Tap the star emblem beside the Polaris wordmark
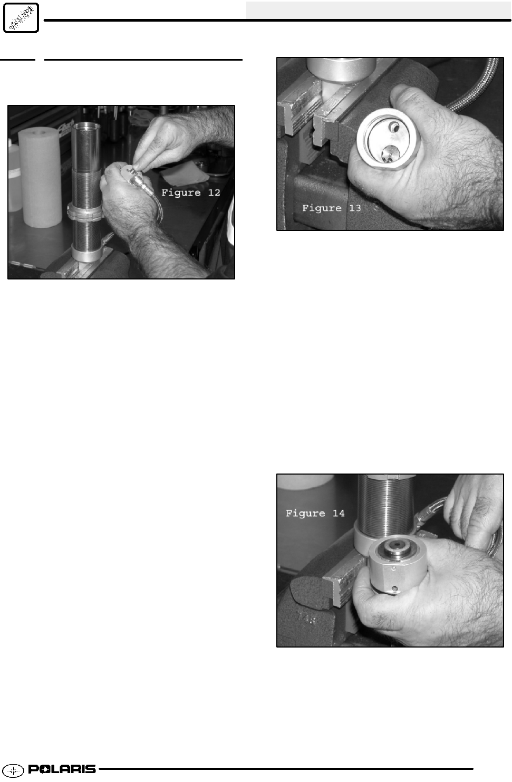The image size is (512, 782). point(13,770)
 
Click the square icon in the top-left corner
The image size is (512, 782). point(21,18)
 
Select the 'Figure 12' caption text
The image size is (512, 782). point(190,192)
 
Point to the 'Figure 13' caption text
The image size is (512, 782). point(332,208)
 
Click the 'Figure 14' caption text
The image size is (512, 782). point(315,513)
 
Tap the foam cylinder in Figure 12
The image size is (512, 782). point(40,177)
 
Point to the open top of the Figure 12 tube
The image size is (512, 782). point(86,125)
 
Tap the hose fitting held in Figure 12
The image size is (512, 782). point(138,180)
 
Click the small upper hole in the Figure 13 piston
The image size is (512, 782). point(395,128)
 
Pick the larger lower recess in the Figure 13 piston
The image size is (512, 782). point(390,153)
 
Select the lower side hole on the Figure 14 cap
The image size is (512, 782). point(394,589)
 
